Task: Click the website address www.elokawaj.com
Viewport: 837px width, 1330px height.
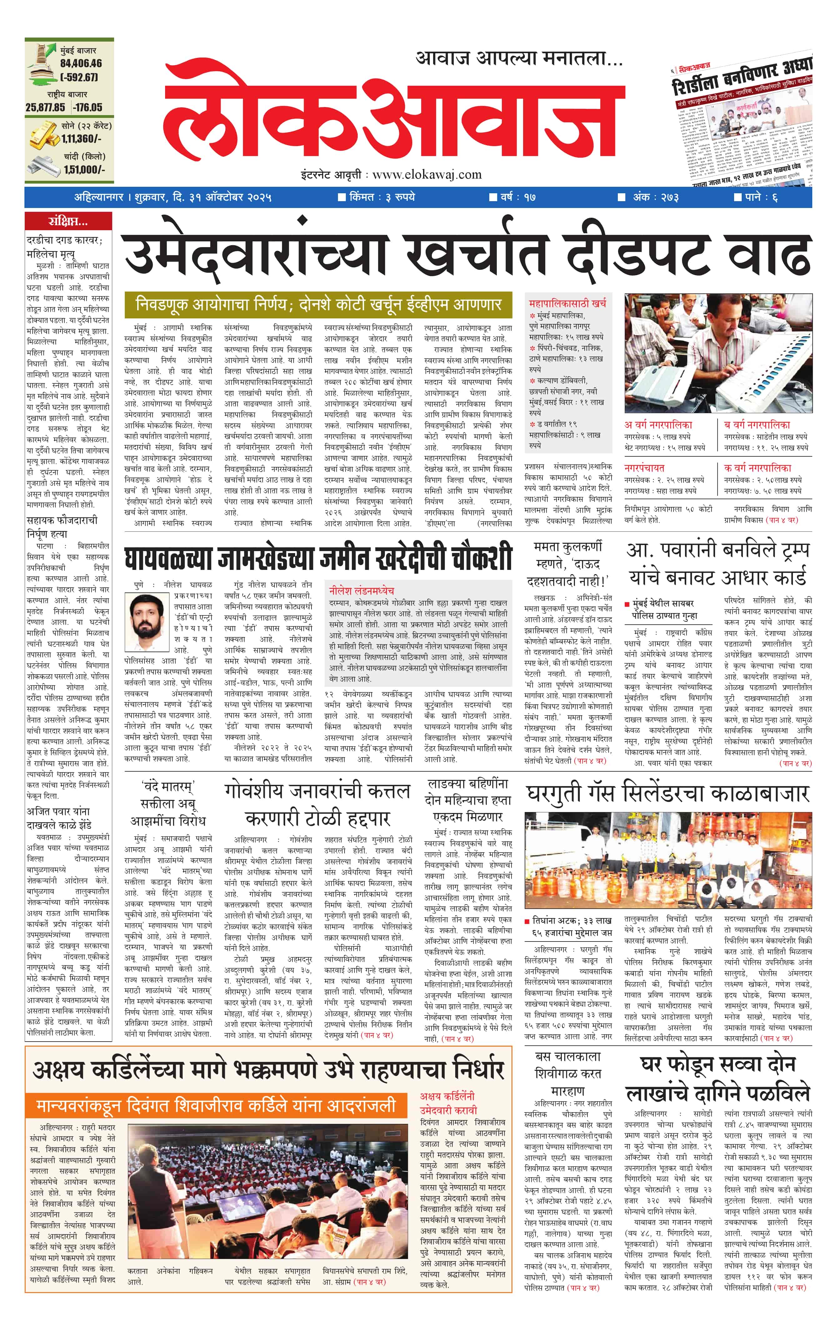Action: (426, 175)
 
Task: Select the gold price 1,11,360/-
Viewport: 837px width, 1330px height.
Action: (81, 139)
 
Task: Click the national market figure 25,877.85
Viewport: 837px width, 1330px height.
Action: (45, 107)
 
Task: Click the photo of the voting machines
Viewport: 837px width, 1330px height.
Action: (718, 353)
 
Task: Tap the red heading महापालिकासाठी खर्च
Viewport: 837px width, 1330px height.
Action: (567, 303)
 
